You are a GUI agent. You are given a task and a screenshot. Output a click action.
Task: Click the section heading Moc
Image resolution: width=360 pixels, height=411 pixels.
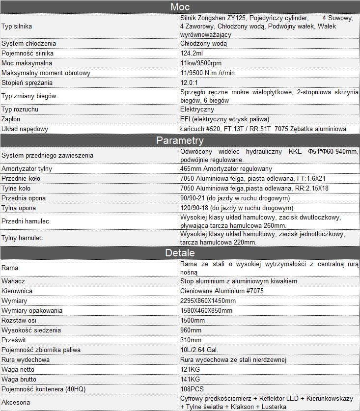click(x=180, y=7)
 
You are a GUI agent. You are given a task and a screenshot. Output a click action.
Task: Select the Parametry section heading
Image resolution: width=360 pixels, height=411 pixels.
click(x=180, y=140)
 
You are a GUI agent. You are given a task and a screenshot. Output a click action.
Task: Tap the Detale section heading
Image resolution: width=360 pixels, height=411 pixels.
click(x=180, y=253)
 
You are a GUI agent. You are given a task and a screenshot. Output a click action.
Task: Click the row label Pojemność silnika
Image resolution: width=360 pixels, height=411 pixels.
click(x=28, y=53)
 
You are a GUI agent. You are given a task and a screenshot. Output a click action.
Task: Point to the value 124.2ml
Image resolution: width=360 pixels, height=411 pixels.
click(x=192, y=53)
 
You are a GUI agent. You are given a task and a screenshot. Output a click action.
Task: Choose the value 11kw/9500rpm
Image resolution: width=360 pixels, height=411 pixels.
click(x=201, y=63)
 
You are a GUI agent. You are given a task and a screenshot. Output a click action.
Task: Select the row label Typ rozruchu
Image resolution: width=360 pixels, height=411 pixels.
click(x=20, y=109)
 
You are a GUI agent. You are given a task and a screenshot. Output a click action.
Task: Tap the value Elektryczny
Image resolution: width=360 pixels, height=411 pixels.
click(x=197, y=109)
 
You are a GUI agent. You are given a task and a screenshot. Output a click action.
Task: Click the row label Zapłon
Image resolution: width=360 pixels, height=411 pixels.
click(x=11, y=119)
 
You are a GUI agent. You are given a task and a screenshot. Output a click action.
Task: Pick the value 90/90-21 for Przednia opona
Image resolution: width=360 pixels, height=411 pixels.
click(x=235, y=198)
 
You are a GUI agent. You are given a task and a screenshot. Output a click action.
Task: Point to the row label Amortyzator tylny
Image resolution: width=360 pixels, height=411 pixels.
click(x=27, y=168)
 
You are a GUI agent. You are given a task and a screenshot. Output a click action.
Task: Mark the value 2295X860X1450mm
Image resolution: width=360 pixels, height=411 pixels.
click(x=208, y=301)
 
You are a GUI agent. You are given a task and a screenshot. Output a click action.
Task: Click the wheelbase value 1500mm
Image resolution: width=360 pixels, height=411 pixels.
click(x=193, y=320)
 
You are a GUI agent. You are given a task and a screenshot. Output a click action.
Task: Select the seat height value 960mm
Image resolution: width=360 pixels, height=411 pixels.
click(x=191, y=330)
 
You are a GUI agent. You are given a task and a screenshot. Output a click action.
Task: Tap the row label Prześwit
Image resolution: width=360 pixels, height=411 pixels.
click(x=13, y=340)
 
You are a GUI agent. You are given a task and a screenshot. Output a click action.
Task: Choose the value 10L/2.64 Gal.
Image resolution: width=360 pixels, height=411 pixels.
click(x=199, y=350)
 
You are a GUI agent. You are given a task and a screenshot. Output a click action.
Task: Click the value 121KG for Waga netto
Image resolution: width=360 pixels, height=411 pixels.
click(x=190, y=369)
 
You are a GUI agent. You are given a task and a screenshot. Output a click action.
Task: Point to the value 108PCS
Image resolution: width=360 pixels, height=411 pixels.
click(x=192, y=389)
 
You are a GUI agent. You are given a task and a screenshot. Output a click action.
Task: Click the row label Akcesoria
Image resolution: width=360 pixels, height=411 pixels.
click(x=16, y=402)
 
